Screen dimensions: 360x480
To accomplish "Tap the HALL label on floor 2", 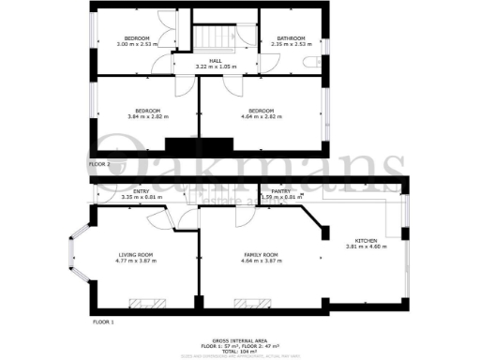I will coord(215,60).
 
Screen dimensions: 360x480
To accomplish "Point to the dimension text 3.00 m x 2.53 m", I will coord(136,44).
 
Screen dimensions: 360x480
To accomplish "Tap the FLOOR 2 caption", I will coord(100,163).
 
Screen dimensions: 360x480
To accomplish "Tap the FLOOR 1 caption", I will coord(102,322).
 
